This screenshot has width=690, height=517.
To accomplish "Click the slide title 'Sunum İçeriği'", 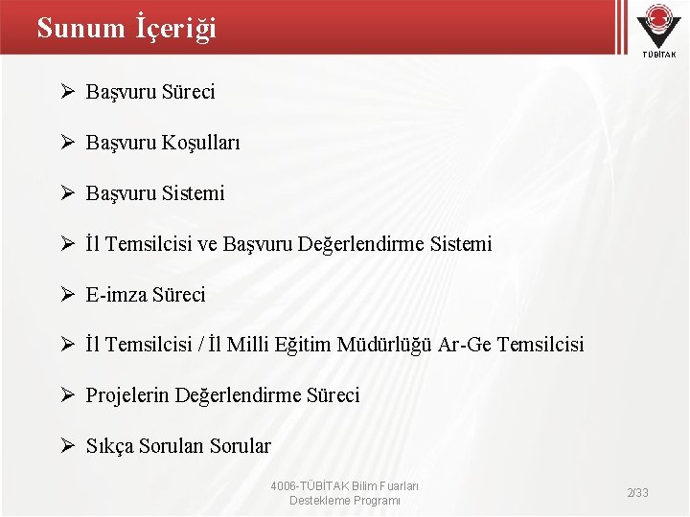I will click(126, 29).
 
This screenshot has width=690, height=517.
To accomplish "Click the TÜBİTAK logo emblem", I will click(657, 24).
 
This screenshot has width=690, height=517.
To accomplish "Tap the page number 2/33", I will click(637, 492).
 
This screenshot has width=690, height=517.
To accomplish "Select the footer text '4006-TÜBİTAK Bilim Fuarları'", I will click(345, 485).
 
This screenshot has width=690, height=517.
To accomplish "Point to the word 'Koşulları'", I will click(200, 143).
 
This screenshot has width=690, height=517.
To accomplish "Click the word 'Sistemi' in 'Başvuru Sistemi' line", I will click(193, 193).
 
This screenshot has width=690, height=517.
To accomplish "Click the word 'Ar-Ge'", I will click(464, 345).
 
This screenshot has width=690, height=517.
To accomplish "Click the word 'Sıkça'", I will click(110, 446).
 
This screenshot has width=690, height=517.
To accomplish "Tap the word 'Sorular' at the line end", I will click(240, 446).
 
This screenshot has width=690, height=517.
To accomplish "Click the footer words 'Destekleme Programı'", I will click(345, 501).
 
